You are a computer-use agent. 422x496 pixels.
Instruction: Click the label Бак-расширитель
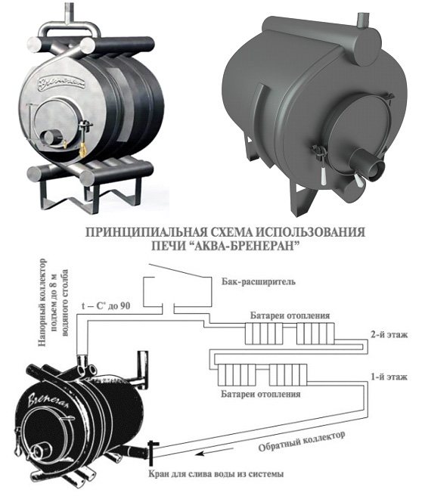tap(258, 281)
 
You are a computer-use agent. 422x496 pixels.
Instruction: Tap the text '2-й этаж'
tap(389, 334)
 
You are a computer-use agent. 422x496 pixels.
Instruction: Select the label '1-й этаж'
tap(389, 377)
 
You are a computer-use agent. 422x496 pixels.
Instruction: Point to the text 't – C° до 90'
tap(106, 306)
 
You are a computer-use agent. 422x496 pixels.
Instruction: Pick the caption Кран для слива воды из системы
tap(216, 474)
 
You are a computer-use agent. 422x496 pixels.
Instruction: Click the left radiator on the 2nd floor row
tap(263, 333)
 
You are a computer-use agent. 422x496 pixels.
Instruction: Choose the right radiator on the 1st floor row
tap(288, 375)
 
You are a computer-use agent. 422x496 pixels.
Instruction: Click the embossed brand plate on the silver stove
tap(62, 83)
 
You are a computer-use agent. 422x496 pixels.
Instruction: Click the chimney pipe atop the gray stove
tap(363, 21)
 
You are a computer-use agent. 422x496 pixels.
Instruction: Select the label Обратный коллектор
tap(302, 442)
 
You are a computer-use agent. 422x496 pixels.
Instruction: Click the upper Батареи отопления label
tap(290, 315)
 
